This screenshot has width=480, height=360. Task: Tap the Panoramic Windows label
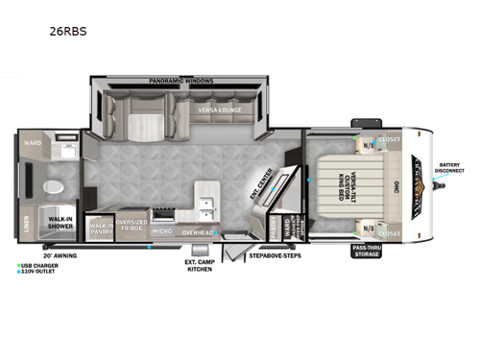pos(180,81)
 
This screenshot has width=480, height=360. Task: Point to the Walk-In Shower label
pos(62,225)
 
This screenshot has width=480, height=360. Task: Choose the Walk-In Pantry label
pos(100,227)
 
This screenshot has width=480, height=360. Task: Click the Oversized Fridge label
pos(131,226)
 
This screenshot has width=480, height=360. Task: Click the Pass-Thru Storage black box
pos(367,252)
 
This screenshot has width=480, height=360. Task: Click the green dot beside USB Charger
pos(19,265)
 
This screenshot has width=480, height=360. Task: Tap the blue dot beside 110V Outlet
pos(19,272)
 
